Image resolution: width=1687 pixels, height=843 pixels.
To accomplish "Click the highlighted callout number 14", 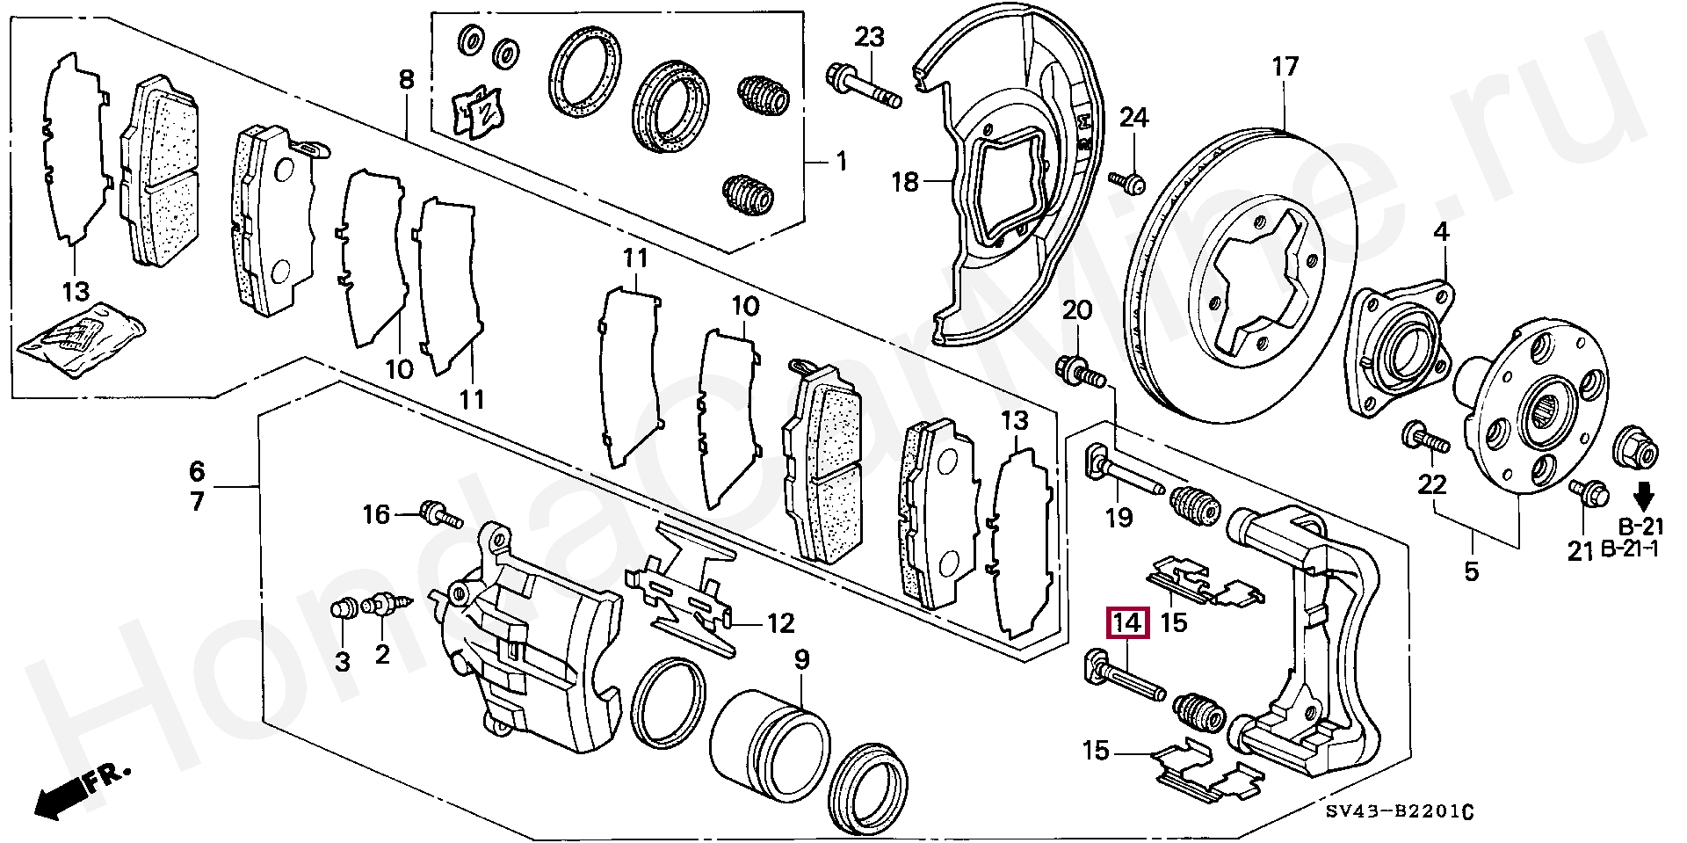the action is click(x=1127, y=624).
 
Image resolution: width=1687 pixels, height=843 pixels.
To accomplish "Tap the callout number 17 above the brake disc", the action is click(x=1285, y=67).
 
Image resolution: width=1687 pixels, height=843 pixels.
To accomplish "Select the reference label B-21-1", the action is click(x=1629, y=549).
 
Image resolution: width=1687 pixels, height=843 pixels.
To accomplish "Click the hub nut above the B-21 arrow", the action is click(x=1636, y=448).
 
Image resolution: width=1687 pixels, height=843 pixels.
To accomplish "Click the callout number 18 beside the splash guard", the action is click(x=905, y=182).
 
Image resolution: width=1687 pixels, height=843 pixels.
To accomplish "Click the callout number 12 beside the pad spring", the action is click(x=780, y=624).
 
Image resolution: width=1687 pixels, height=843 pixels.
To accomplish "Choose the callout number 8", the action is click(x=405, y=80).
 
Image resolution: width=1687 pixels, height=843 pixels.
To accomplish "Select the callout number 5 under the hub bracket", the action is click(x=1472, y=572).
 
